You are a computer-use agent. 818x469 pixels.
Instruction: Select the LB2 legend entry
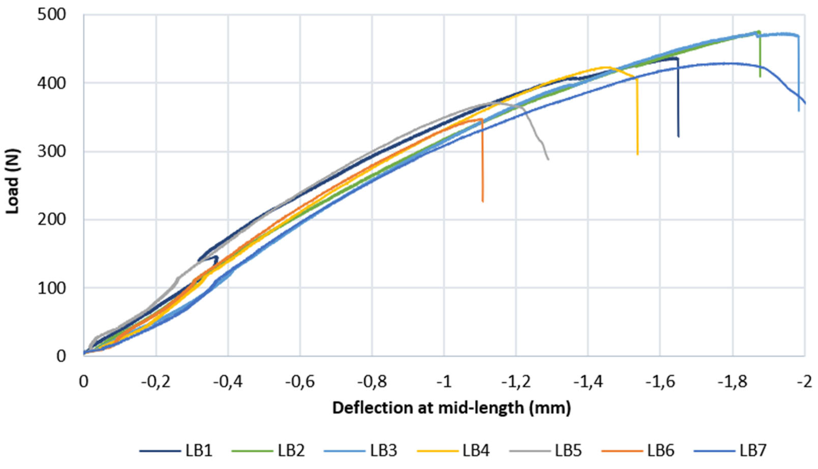tap(268, 450)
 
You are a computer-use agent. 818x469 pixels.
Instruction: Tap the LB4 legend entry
tap(453, 450)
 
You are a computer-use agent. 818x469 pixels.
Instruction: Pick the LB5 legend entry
tap(546, 450)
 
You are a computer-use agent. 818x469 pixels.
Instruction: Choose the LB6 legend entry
tap(638, 450)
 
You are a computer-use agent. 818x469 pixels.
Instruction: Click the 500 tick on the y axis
tap(52, 15)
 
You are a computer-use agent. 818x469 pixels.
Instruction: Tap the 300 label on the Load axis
tap(52, 151)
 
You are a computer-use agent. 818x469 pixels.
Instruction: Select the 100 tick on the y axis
tap(52, 288)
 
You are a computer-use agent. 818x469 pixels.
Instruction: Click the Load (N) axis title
tap(13, 181)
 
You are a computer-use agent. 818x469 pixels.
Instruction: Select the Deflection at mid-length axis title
tap(452, 408)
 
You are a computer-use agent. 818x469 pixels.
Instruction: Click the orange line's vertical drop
tap(482, 160)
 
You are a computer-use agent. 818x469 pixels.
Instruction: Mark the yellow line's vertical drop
tap(638, 117)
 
